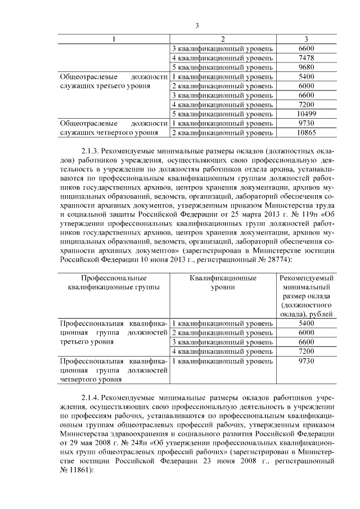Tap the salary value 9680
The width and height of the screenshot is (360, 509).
click(306, 67)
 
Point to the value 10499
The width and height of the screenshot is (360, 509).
click(306, 114)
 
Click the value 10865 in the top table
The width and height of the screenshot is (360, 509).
click(306, 132)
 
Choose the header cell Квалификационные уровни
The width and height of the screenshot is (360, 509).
click(222, 282)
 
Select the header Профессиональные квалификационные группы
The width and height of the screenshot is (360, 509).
click(114, 282)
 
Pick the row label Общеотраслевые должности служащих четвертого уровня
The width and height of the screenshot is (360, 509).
click(114, 128)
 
